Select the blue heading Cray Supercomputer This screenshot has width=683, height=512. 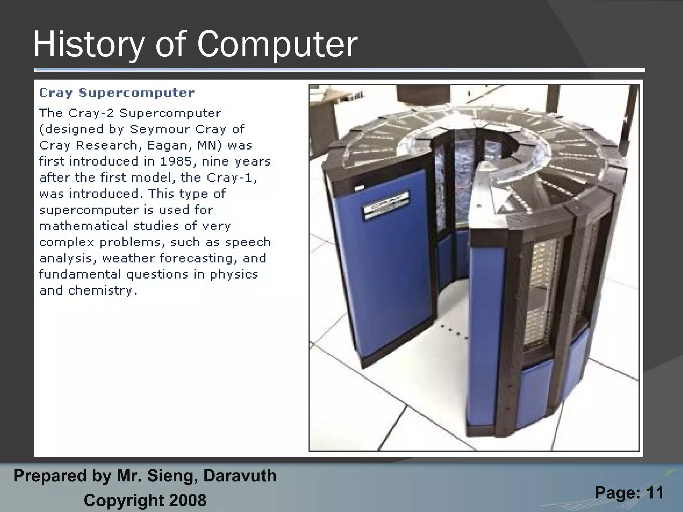(x=117, y=93)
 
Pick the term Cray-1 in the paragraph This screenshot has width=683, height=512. (x=231, y=178)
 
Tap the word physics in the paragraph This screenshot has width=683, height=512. (x=234, y=275)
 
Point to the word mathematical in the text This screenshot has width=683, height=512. (x=83, y=226)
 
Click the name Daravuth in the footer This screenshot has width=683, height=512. (x=240, y=476)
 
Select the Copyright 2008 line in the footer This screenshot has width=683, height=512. (x=145, y=500)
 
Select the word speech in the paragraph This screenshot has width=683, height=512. (x=247, y=242)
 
